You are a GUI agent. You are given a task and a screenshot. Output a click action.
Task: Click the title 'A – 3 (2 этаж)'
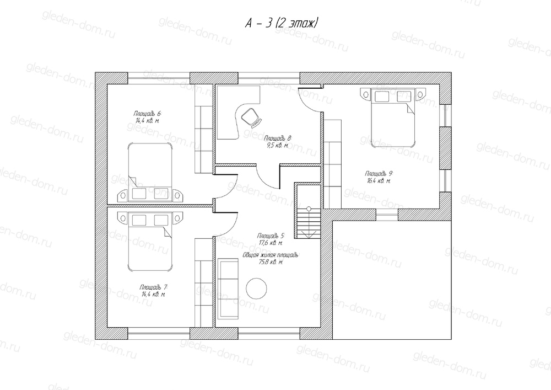coord(282,23)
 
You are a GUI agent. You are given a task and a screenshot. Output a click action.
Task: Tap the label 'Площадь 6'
coord(147,114)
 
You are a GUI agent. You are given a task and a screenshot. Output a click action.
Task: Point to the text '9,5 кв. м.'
coord(278,145)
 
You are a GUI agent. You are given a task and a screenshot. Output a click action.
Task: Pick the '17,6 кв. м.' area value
coord(271,243)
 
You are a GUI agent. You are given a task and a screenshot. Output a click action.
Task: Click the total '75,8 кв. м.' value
coord(271,262)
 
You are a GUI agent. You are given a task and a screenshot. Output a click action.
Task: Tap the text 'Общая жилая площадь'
coord(271,255)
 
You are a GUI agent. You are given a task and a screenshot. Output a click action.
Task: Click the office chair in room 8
coord(251,117)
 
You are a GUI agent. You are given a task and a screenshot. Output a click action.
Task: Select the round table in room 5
coord(257,289)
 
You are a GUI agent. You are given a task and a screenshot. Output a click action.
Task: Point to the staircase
coord(308,211)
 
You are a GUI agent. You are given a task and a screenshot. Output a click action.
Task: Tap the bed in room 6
coord(150,172)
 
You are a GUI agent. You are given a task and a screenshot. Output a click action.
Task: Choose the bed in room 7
coord(150,241)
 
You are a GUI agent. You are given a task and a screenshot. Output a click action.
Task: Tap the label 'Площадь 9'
coord(379,174)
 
